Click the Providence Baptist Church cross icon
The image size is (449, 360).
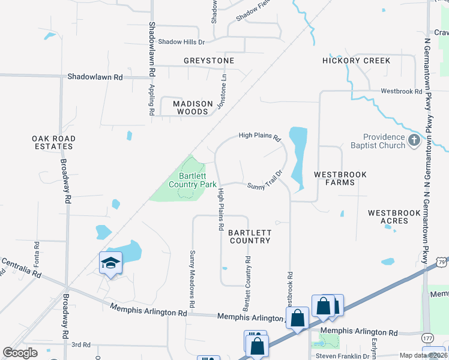(413, 141)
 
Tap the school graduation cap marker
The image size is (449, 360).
(110, 263)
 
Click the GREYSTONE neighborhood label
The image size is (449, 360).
(209, 61)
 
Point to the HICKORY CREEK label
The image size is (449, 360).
(356, 61)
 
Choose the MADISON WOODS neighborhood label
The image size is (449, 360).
(193, 107)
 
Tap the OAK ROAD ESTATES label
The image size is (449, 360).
(54, 142)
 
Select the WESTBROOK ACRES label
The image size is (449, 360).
(388, 217)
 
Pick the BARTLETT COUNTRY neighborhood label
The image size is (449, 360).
(250, 236)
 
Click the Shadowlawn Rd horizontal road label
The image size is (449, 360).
(95, 77)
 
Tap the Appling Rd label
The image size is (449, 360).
(151, 99)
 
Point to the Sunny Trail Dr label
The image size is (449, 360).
(265, 179)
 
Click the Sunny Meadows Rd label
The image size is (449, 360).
(193, 275)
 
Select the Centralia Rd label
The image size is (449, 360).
(21, 269)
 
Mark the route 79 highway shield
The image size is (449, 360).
(442, 262)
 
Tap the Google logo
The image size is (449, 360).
(20, 353)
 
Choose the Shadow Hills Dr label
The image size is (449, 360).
(181, 42)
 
